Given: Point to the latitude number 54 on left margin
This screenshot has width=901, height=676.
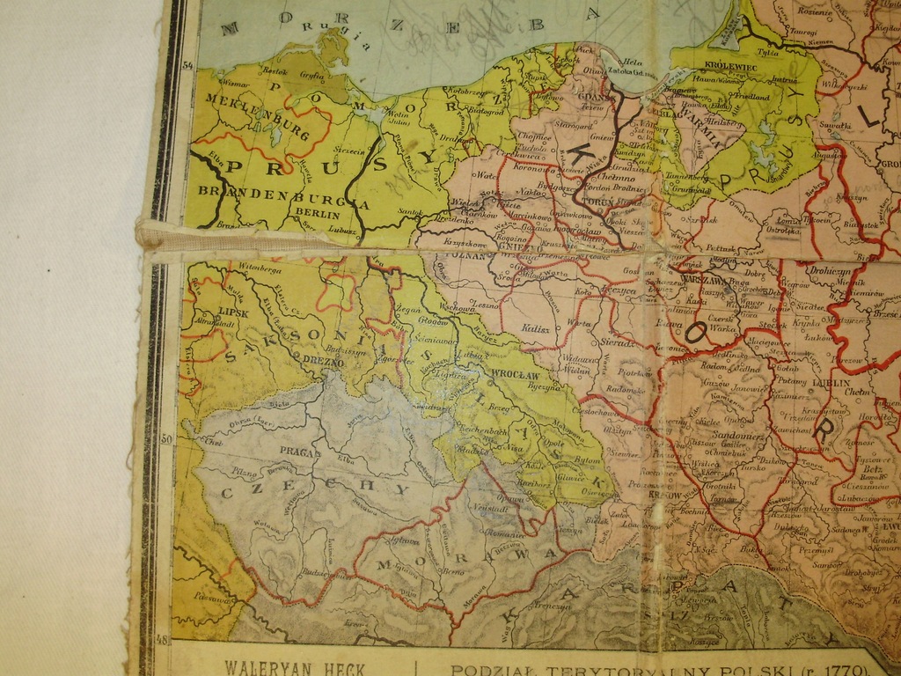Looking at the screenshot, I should pos(187,64).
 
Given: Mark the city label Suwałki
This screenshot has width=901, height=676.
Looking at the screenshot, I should pos(830,126).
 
